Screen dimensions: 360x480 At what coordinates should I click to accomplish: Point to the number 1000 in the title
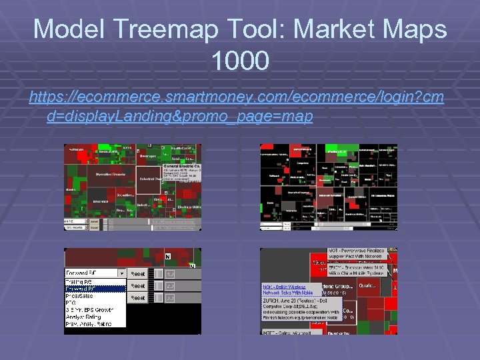tap(240, 61)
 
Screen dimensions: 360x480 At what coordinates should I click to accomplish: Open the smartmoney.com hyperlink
tap(236, 107)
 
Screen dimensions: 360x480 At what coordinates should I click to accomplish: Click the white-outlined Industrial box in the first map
tap(149, 179)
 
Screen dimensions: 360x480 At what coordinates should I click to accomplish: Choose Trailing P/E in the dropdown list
tap(79, 282)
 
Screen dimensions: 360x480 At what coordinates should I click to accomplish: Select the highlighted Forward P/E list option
tap(94, 289)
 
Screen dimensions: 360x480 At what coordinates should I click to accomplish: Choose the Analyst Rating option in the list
tap(83, 317)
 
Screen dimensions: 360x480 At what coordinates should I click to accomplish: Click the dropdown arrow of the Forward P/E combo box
tap(121, 273)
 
